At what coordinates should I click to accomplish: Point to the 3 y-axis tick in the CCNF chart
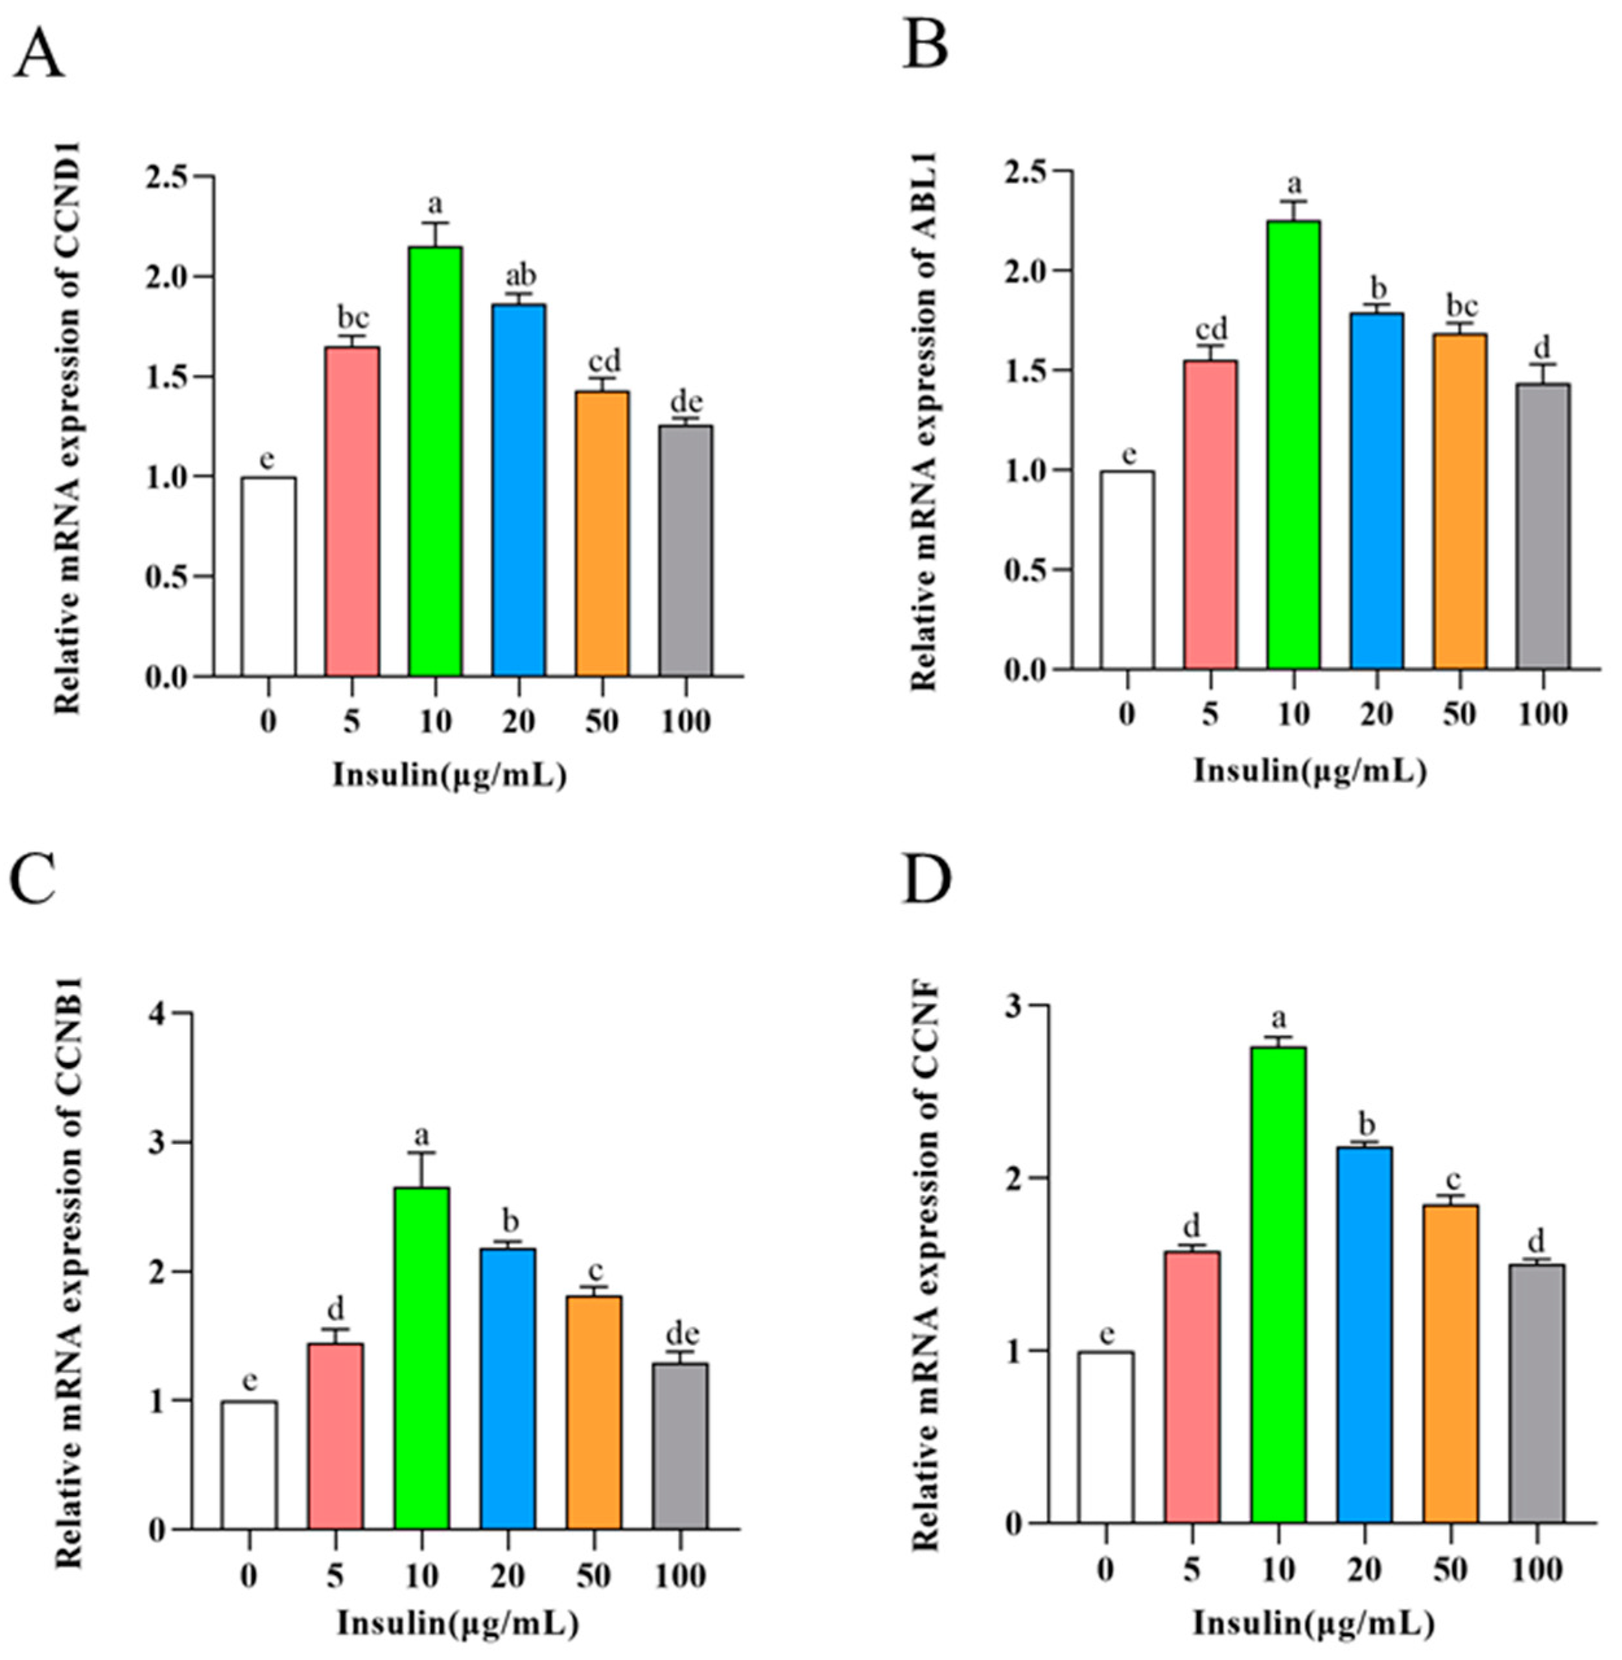(1013, 1006)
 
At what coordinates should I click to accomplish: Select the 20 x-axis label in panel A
(518, 721)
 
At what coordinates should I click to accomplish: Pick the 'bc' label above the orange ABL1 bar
(1459, 306)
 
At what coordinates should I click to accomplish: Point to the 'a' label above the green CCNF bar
(1278, 1018)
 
